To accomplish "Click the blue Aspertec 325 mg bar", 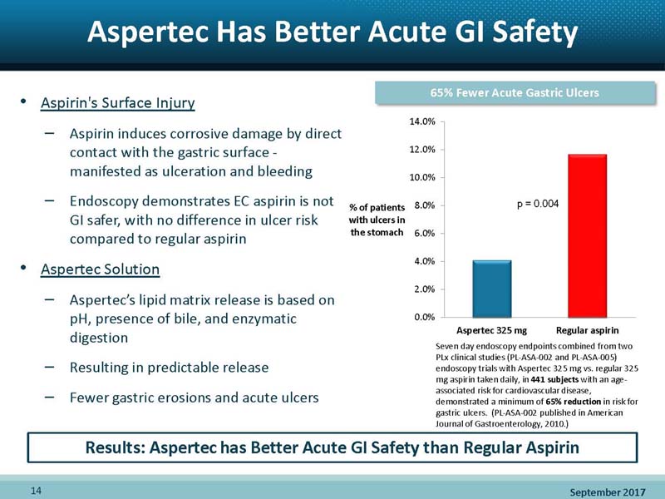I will click(x=492, y=289).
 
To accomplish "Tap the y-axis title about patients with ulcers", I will click(x=377, y=220).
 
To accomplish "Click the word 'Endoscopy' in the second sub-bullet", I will click(x=109, y=200).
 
